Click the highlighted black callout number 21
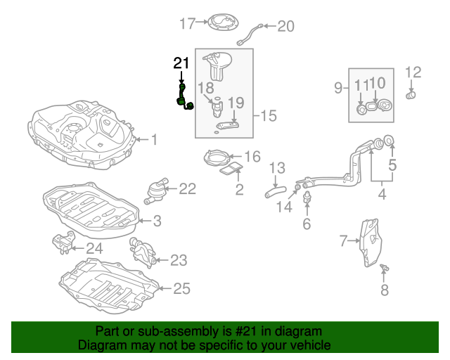point(181,63)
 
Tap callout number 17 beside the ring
point(186,25)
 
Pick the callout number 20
point(285,27)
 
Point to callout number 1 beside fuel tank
point(154,140)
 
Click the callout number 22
point(187,188)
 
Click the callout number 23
point(179,261)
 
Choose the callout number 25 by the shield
point(182,288)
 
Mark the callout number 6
point(307,224)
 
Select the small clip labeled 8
point(385,269)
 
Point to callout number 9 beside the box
point(338,88)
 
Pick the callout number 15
point(270,115)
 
